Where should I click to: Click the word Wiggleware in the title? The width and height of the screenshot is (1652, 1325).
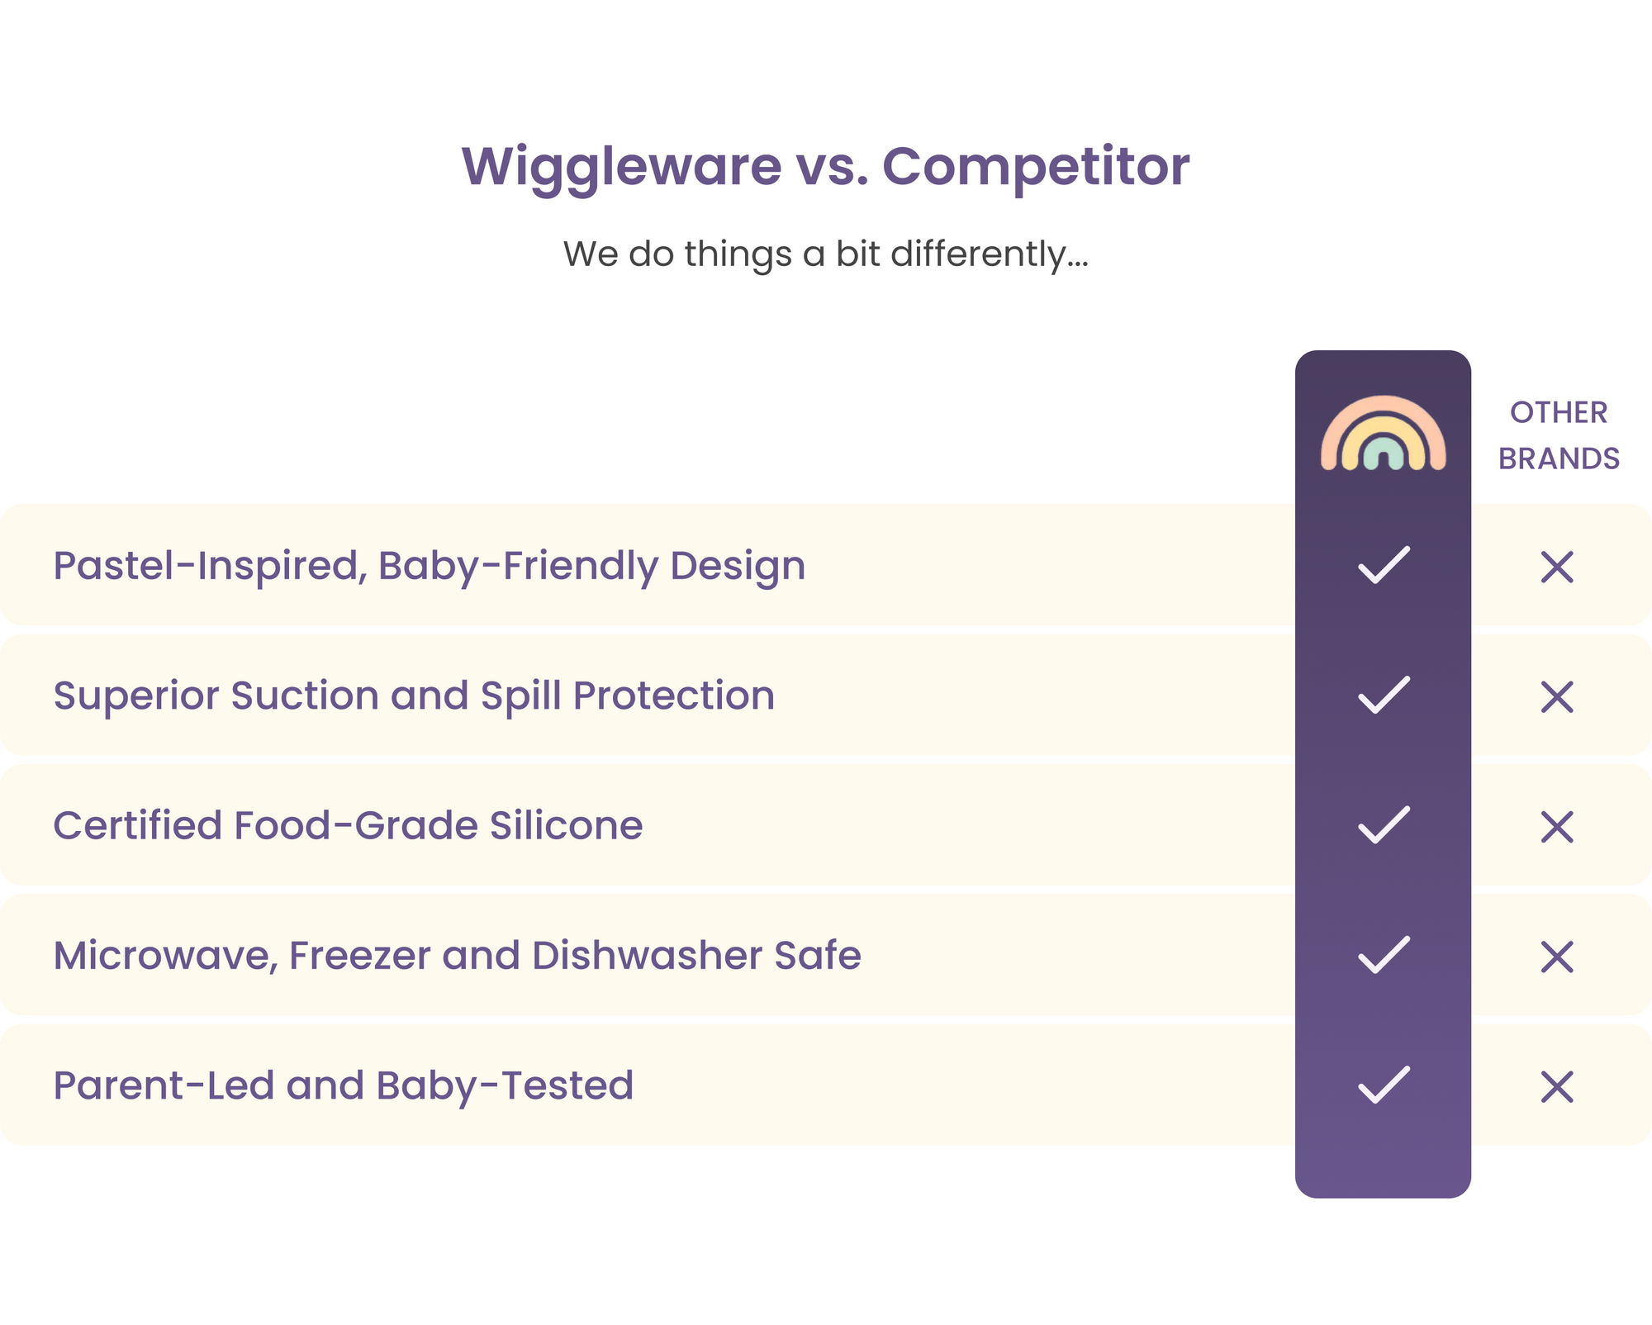click(x=621, y=168)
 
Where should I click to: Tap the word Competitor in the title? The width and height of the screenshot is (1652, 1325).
click(x=1036, y=168)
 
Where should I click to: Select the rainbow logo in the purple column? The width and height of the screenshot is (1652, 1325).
click(x=1383, y=433)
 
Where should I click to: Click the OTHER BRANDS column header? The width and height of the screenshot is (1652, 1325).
click(x=1559, y=435)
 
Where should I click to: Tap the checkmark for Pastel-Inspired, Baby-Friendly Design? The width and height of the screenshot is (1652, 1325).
click(x=1384, y=565)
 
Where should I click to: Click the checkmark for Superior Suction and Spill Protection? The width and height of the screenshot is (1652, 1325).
click(x=1384, y=695)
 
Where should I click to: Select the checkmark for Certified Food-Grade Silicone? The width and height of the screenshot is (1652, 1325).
click(x=1384, y=824)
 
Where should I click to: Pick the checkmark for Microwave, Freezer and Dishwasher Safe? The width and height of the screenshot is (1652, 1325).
click(x=1384, y=955)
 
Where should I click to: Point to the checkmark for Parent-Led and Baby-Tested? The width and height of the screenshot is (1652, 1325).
click(x=1384, y=1085)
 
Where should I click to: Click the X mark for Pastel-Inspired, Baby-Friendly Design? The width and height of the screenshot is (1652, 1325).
click(x=1557, y=567)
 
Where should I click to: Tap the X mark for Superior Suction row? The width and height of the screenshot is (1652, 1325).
click(x=1557, y=696)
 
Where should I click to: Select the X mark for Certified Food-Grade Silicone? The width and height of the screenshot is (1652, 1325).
click(x=1557, y=826)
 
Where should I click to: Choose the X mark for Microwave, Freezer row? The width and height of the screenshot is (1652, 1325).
click(x=1557, y=957)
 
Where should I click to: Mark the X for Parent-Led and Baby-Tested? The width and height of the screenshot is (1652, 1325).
click(x=1557, y=1086)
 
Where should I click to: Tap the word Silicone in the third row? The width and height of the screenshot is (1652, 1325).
click(x=566, y=825)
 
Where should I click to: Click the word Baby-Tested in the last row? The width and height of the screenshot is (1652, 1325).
click(x=505, y=1085)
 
